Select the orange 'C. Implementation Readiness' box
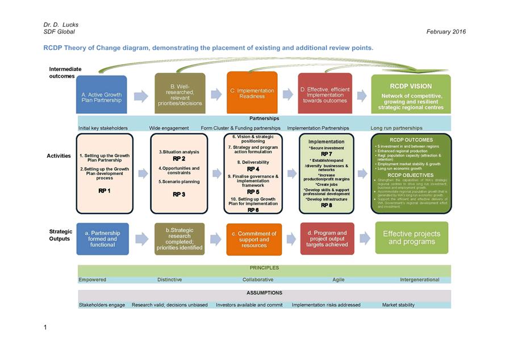[252, 93]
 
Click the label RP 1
[104, 191]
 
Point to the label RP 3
[179, 194]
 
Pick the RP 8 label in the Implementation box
[326, 206]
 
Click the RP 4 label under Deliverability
[253, 169]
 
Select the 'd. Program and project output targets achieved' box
[327, 238]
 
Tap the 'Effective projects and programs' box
[411, 237]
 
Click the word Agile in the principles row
[338, 280]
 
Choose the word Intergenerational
[419, 280]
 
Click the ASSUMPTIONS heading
[264, 293]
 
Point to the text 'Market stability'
[398, 305]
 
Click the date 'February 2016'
[446, 32]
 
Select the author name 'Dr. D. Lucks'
[61, 25]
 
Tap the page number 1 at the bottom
[45, 327]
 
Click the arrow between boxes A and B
[141, 97]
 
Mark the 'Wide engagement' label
[169, 128]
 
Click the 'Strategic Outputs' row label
[61, 235]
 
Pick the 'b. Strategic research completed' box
[179, 238]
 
